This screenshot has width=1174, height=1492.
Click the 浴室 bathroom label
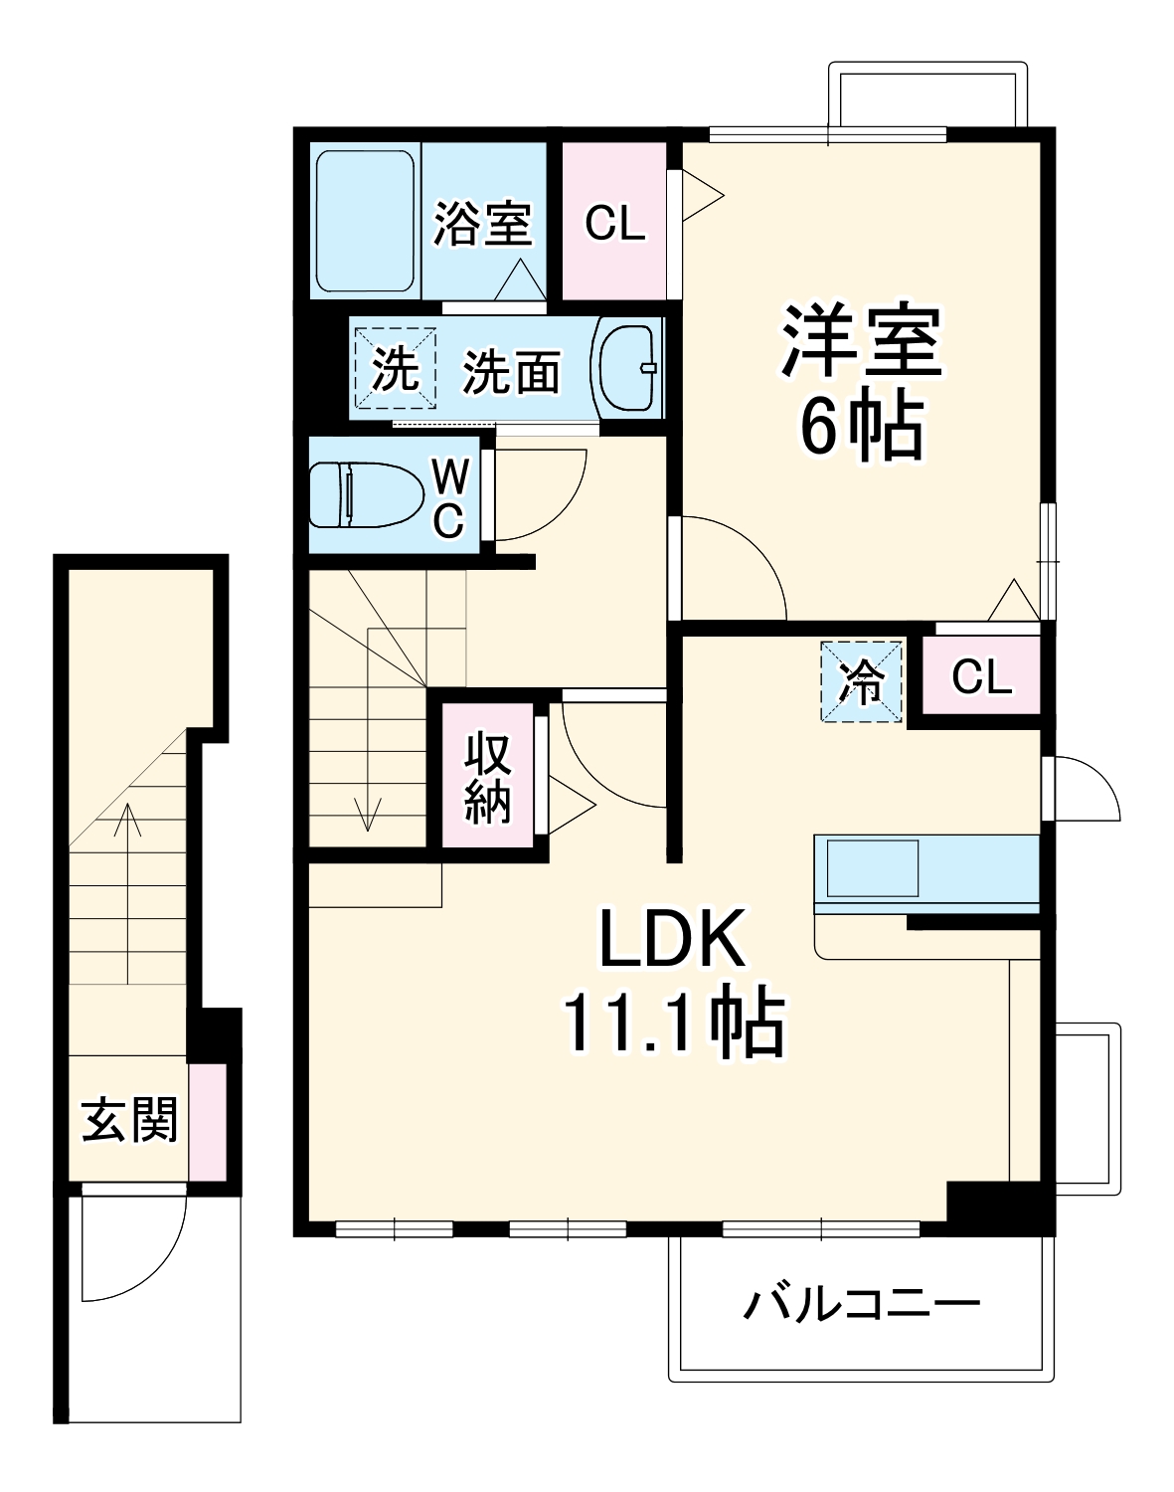[482, 223]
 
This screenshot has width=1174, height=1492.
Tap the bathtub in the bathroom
[365, 220]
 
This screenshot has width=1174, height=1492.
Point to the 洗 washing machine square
[396, 369]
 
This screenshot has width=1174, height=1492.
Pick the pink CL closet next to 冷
[981, 677]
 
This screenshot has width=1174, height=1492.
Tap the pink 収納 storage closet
[488, 776]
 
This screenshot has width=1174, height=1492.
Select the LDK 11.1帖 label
[673, 982]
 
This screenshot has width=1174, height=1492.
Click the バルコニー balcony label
[862, 1304]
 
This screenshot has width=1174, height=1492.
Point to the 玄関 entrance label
[129, 1120]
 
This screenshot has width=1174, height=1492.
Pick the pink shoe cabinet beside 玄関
[208, 1121]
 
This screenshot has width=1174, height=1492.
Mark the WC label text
[448, 499]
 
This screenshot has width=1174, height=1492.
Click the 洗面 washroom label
[512, 372]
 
